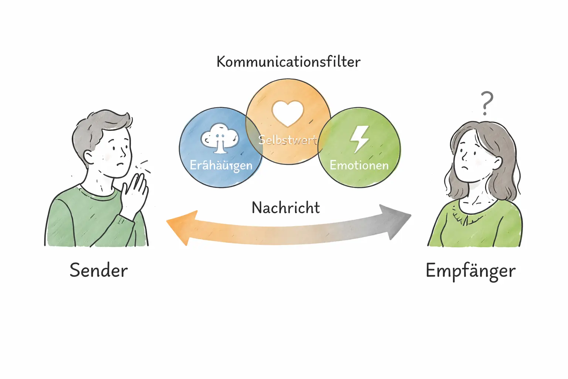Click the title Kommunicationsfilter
click(x=288, y=62)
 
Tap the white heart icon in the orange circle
click(x=288, y=112)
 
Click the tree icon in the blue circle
click(x=220, y=138)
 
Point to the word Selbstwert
click(x=288, y=140)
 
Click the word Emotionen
click(x=359, y=165)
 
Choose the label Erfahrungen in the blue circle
click(x=221, y=165)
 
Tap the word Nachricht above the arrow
click(x=285, y=208)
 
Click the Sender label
click(x=99, y=271)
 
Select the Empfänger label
click(x=470, y=271)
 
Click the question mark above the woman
click(x=487, y=103)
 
